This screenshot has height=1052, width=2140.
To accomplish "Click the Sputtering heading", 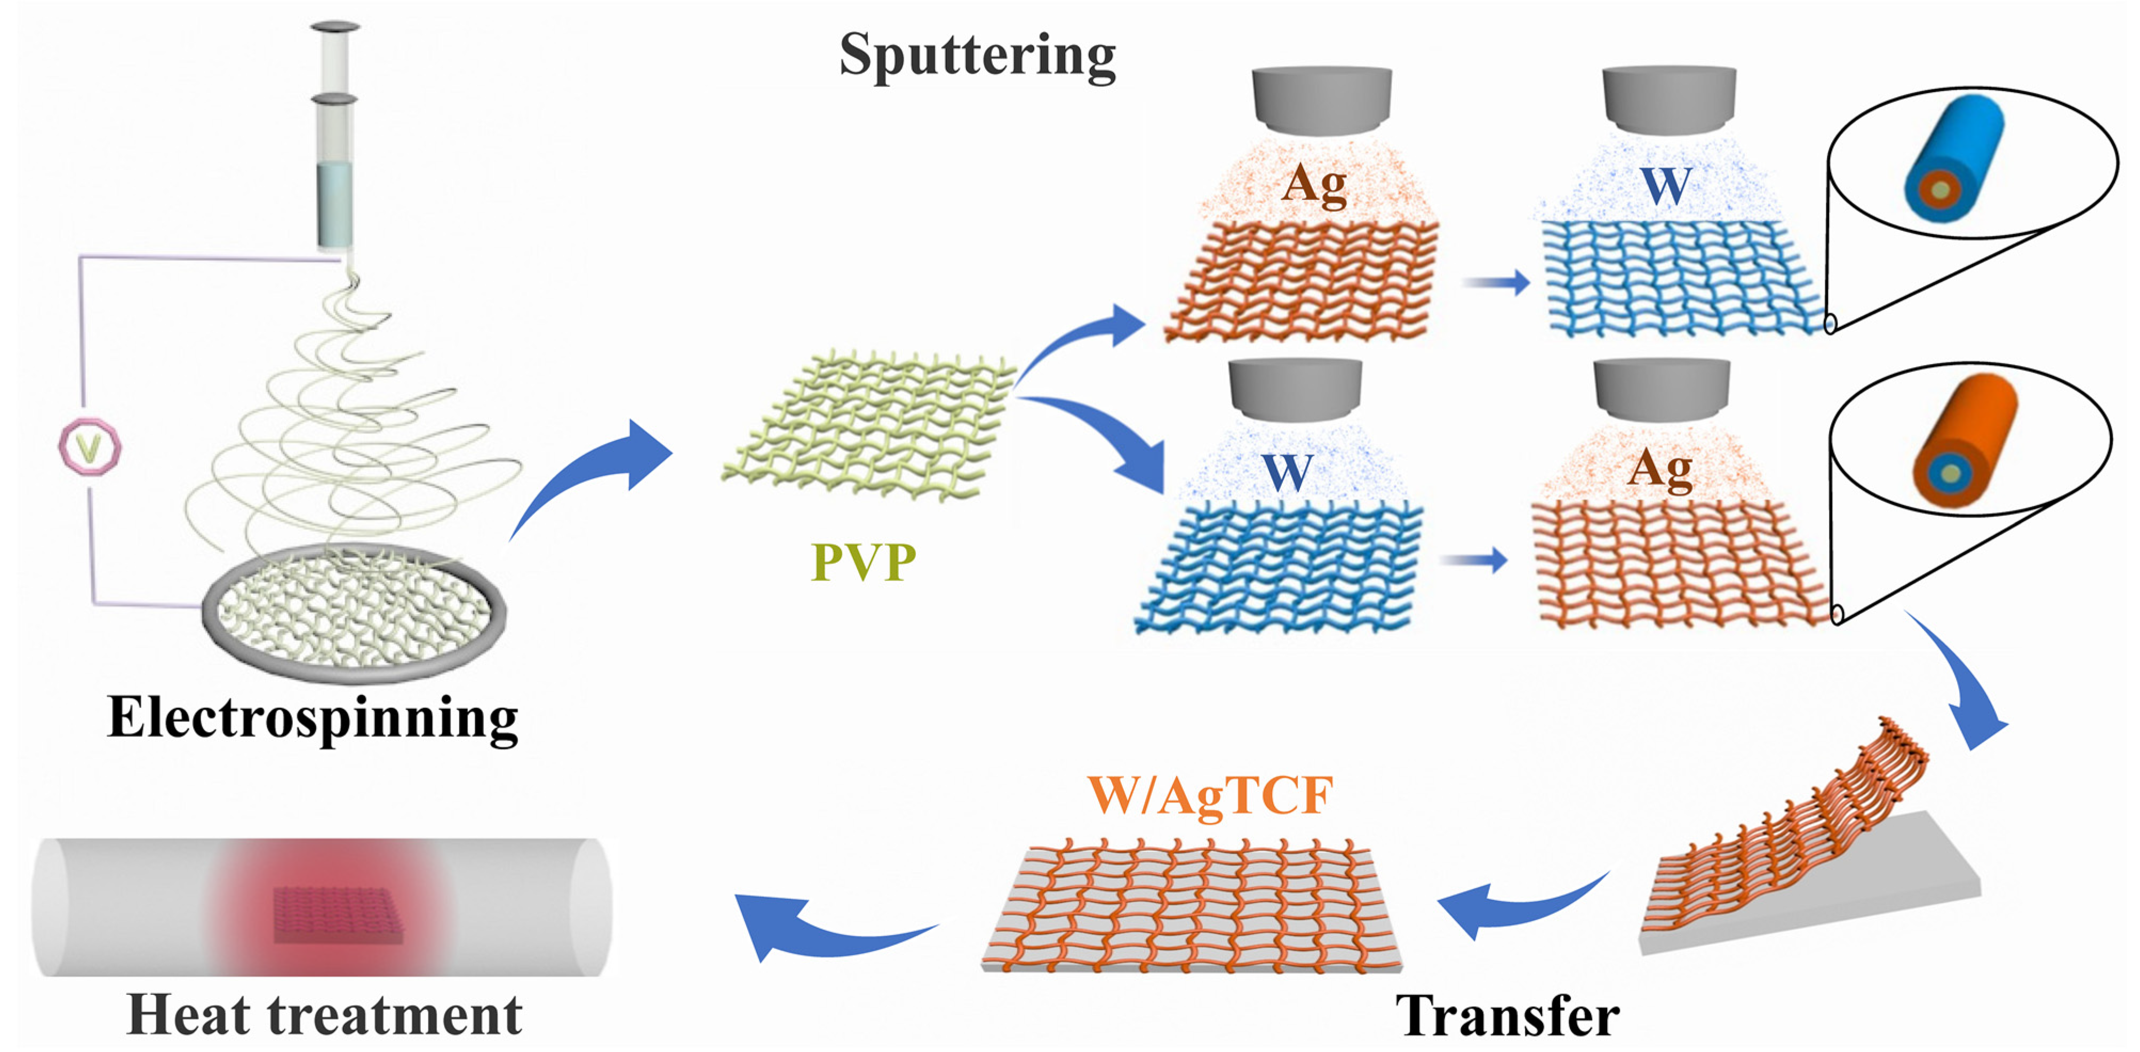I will click(x=977, y=57).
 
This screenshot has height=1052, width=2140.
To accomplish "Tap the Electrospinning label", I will click(x=313, y=719).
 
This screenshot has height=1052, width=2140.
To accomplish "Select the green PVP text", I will click(x=863, y=563).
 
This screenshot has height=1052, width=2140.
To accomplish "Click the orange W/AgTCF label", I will click(x=1210, y=796).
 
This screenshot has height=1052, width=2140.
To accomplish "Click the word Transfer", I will click(x=1507, y=1015).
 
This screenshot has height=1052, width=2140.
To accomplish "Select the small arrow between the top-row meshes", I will click(x=1495, y=283).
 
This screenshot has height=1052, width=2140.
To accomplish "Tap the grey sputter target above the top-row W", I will click(x=1668, y=100).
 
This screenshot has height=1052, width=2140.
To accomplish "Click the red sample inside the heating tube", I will click(x=337, y=914).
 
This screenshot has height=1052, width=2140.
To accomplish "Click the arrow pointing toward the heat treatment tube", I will click(x=823, y=927).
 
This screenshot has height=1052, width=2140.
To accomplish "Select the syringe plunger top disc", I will click(x=335, y=27).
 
